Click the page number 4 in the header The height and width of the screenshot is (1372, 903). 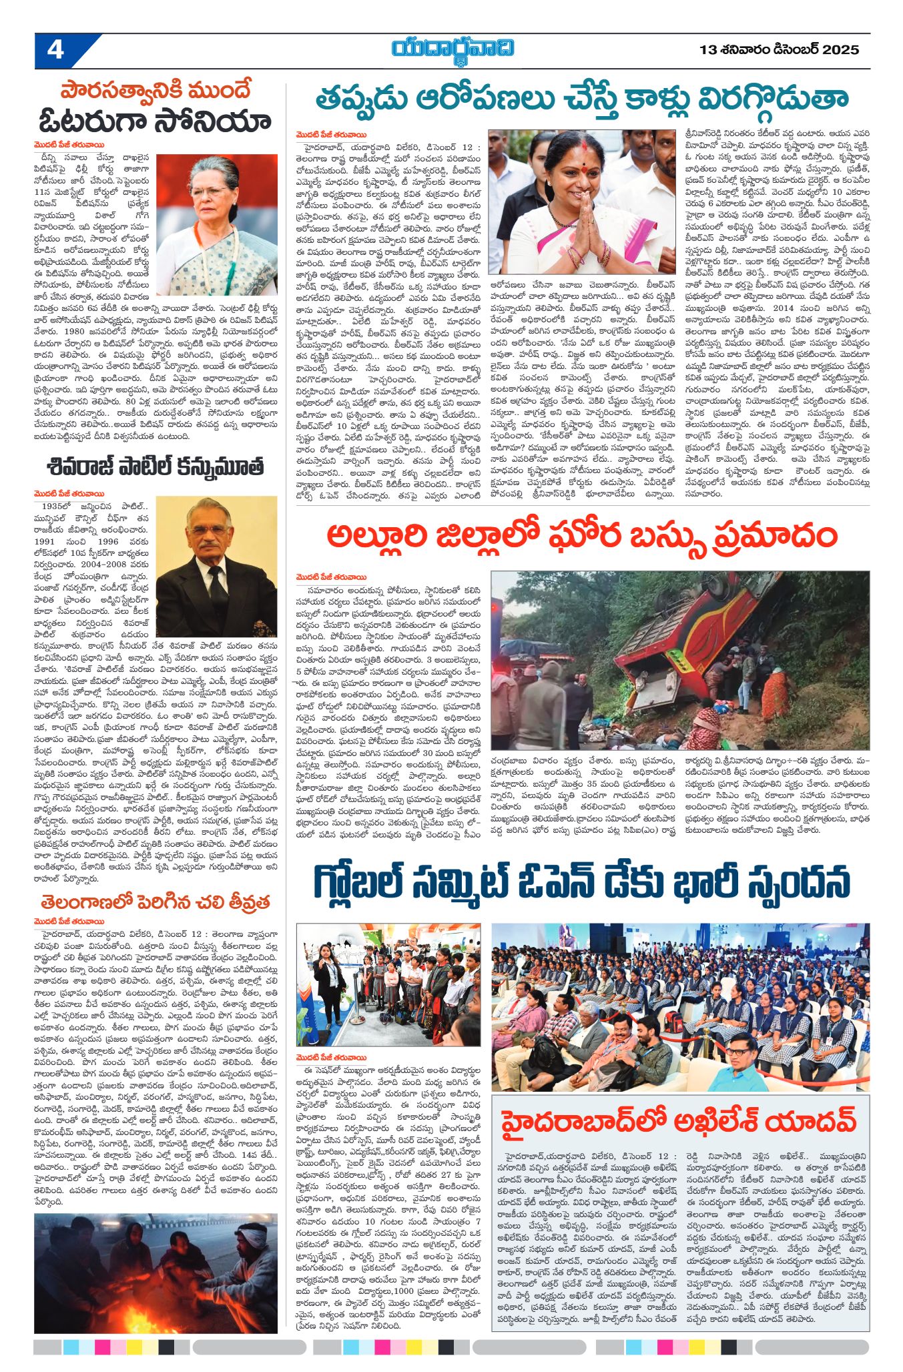point(55,51)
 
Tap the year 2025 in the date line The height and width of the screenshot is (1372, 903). point(840,50)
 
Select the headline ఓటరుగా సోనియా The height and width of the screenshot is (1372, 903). point(155,122)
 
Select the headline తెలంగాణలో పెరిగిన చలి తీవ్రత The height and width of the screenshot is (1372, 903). point(155,903)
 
